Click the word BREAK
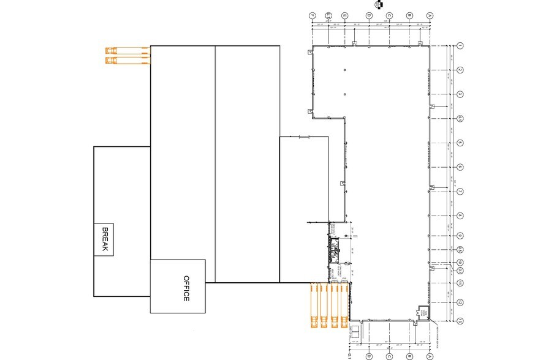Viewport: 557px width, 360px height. (x=104, y=240)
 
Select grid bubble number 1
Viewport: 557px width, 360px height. (x=460, y=45)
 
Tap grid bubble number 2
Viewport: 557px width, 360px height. (x=460, y=70)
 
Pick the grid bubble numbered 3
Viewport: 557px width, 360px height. (x=460, y=94)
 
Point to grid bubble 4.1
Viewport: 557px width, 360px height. (x=460, y=118)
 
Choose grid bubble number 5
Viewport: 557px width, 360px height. (x=460, y=143)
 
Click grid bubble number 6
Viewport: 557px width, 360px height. (x=460, y=167)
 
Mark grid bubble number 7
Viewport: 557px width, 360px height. (x=460, y=192)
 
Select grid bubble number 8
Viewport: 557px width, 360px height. (x=460, y=216)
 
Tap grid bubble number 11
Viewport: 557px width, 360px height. (x=460, y=283)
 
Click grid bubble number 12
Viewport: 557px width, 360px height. (x=460, y=302)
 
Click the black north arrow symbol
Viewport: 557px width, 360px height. (x=381, y=4)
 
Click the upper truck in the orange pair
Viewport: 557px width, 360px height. (x=127, y=50)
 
